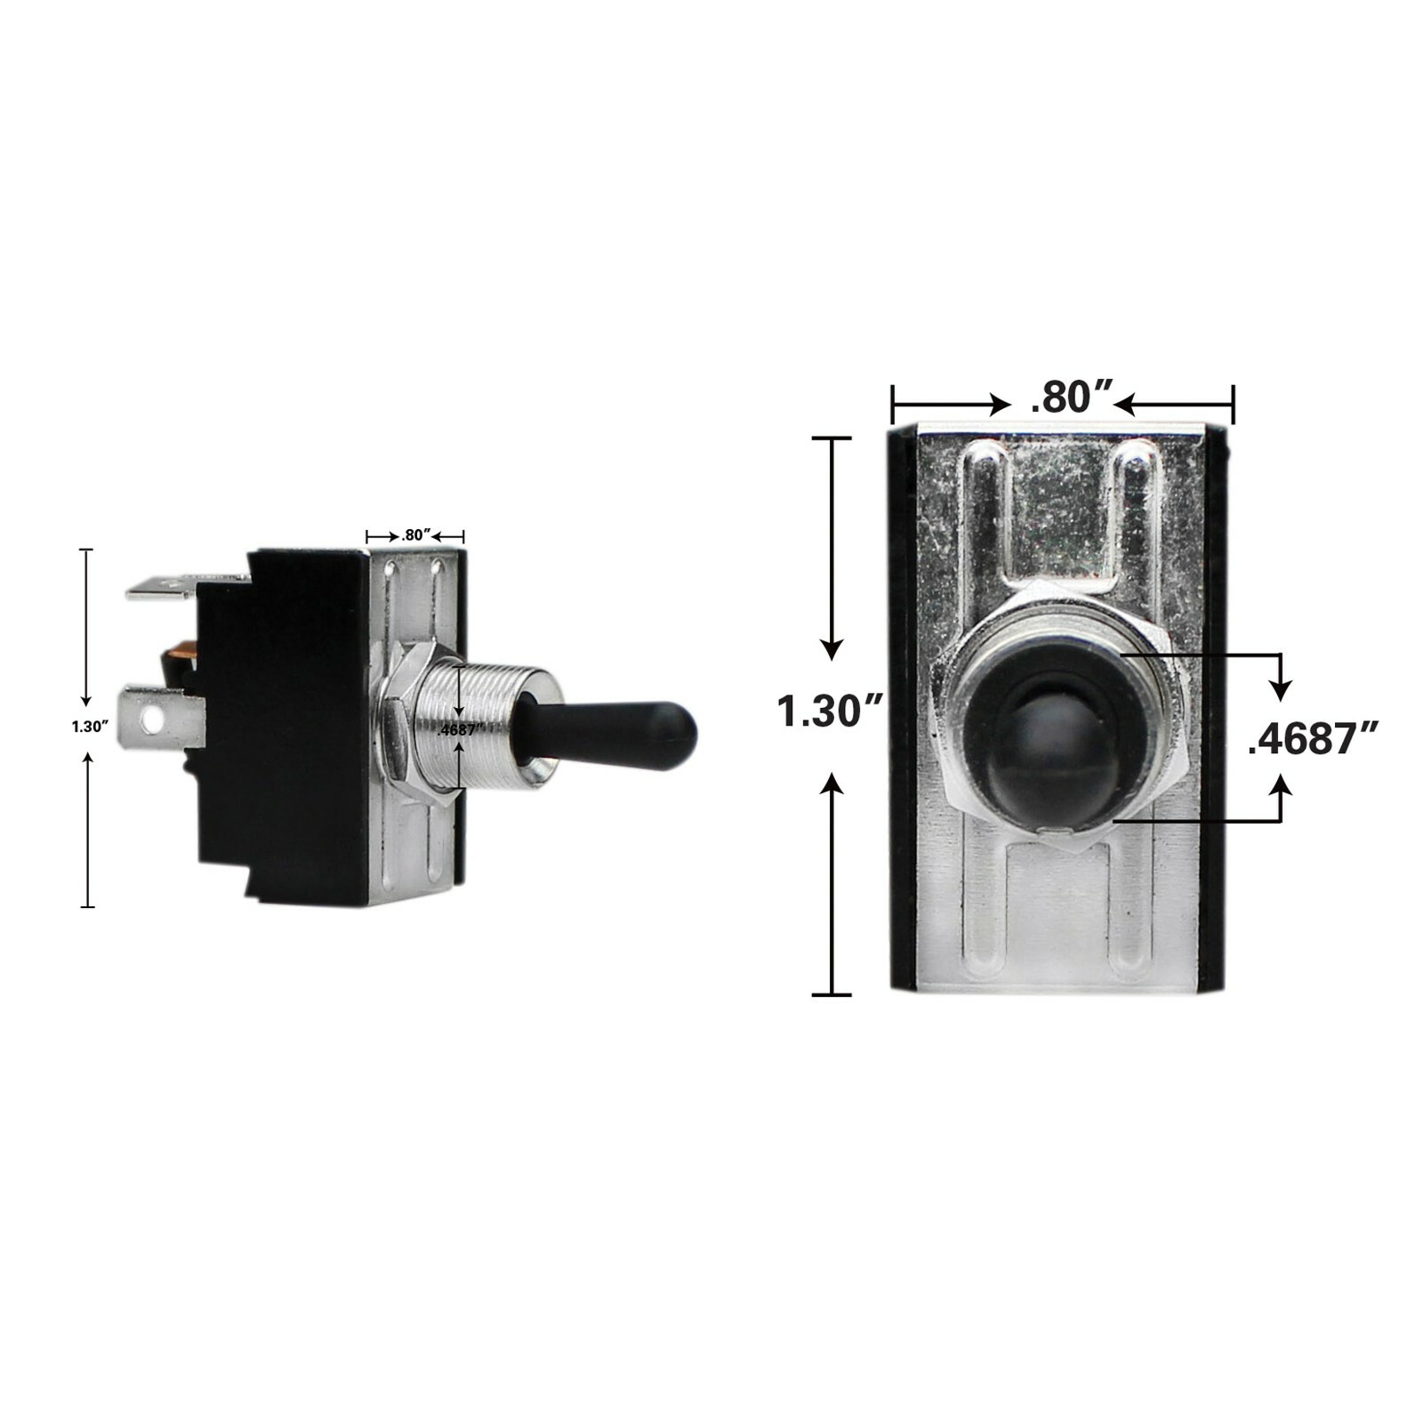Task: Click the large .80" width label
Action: pos(1072,398)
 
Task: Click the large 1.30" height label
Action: pos(830,711)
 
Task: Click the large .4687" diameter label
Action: pos(1313,738)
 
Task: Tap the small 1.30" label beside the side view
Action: pos(90,727)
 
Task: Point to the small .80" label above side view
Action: pos(415,535)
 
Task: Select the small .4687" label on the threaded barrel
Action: pos(461,729)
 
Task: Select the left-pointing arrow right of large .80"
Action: pos(1126,406)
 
